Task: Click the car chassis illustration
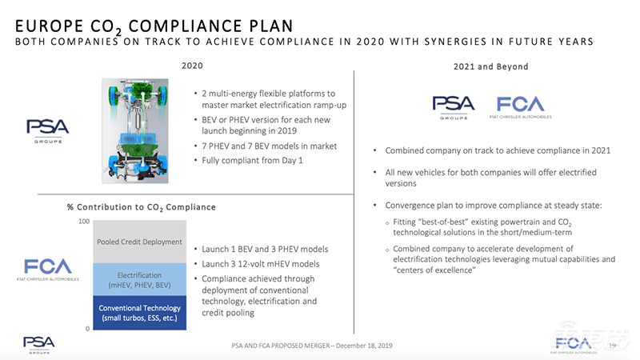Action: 138,124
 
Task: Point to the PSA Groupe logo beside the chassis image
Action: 47,129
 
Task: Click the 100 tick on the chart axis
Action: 83,220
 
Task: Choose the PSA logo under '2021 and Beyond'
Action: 453,106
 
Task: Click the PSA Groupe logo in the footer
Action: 38,343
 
